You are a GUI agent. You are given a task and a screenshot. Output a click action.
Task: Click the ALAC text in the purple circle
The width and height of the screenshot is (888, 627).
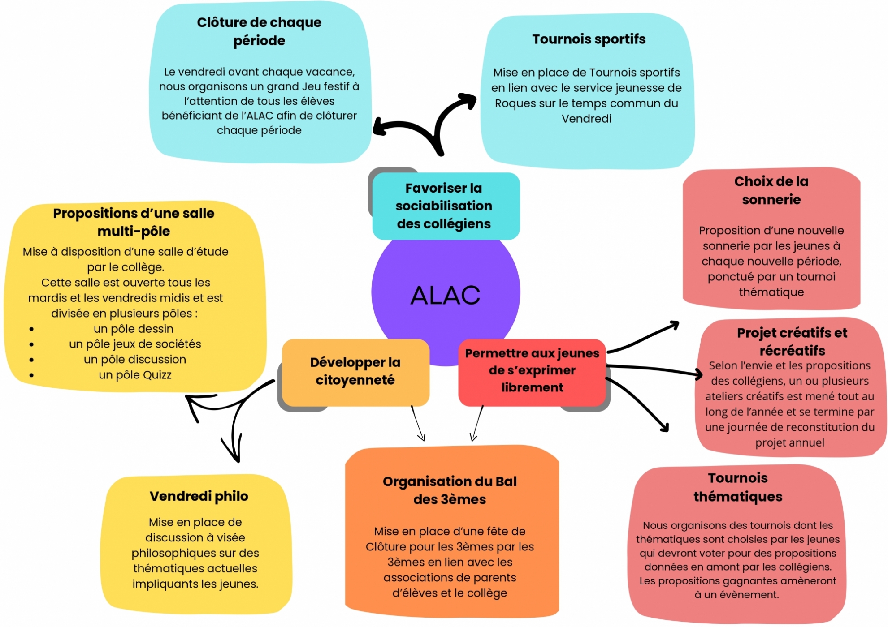(445, 295)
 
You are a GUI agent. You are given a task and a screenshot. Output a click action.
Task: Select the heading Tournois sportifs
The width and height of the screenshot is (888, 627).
(589, 39)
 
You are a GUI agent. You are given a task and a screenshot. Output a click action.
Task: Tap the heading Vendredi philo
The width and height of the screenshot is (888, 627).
(199, 496)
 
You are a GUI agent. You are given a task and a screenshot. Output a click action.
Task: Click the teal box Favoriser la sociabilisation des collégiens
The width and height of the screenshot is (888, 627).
(444, 206)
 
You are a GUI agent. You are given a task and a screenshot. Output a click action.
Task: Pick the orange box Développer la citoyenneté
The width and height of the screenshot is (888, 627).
(355, 371)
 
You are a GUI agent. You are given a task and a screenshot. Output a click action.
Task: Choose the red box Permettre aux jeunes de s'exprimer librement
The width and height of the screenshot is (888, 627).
(532, 370)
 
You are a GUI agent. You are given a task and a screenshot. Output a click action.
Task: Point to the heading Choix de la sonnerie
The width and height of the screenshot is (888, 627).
(771, 190)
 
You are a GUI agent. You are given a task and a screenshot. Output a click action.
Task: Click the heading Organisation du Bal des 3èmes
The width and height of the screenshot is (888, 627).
(450, 490)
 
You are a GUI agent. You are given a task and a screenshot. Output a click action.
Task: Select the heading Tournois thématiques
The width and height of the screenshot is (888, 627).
(738, 487)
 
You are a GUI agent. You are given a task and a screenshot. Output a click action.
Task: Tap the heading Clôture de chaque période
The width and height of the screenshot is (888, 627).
(259, 31)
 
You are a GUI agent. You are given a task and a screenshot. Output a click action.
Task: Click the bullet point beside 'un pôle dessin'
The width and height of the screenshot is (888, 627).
(31, 329)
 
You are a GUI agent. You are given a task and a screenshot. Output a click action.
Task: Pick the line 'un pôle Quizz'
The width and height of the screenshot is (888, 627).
(135, 375)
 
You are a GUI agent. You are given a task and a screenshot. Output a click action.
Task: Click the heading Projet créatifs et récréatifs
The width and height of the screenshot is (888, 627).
(792, 341)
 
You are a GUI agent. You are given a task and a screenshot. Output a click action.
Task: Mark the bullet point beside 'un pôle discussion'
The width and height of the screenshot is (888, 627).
(31, 360)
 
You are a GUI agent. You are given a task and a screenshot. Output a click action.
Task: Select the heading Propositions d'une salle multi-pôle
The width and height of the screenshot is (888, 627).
(134, 222)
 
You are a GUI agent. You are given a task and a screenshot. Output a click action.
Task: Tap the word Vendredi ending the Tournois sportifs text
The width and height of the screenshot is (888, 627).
(586, 119)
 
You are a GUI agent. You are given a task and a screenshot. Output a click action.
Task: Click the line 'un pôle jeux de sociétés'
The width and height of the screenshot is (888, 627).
(135, 344)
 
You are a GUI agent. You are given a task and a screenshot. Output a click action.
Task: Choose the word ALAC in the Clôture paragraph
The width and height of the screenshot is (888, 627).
(260, 116)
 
